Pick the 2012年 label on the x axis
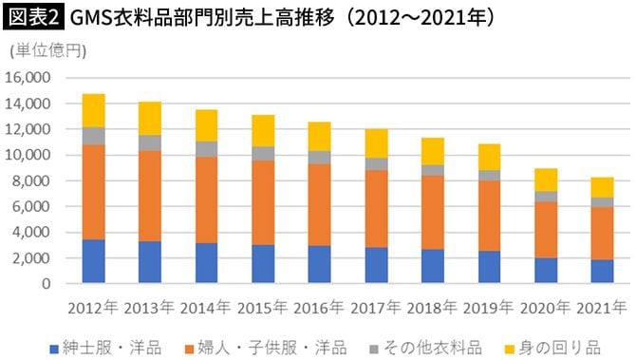pyautogui.click(x=93, y=307)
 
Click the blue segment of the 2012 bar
pyautogui.click(x=93, y=261)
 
